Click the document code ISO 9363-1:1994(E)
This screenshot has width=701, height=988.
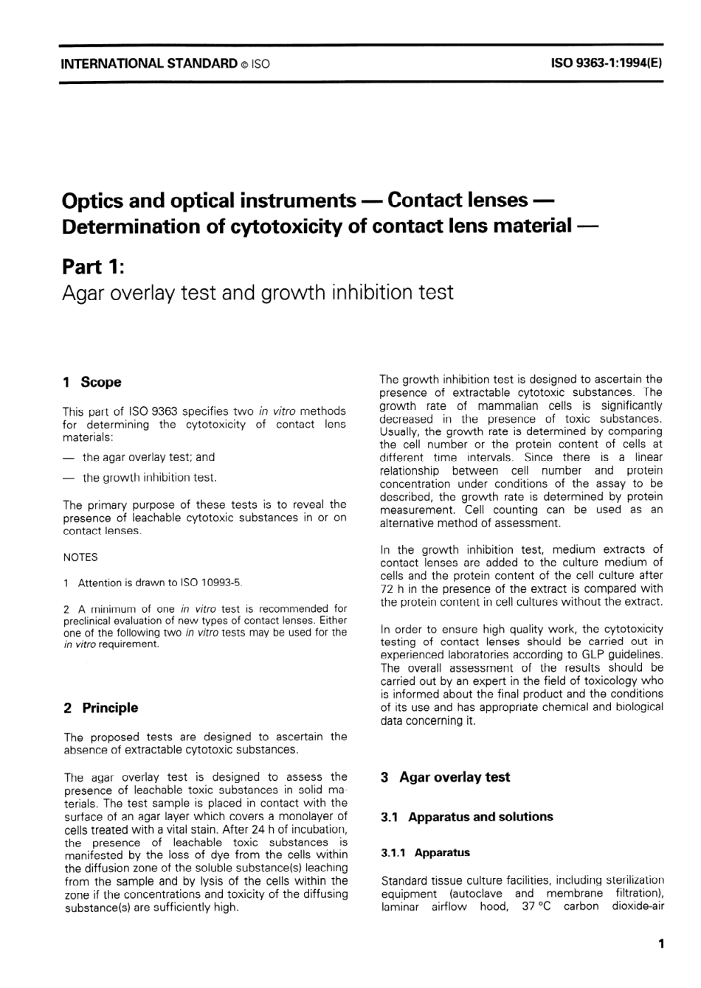click(607, 63)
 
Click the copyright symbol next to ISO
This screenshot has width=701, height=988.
click(244, 64)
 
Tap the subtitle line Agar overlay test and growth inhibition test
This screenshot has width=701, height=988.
click(258, 293)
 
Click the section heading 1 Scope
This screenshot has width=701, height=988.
click(92, 382)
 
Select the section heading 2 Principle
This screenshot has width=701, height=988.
click(100, 708)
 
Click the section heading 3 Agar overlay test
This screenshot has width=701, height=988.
click(445, 777)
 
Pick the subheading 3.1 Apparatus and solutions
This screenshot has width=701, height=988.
click(466, 817)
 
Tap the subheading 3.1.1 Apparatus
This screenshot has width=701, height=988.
click(425, 852)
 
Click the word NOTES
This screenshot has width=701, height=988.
click(80, 557)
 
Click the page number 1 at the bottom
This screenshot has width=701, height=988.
click(660, 943)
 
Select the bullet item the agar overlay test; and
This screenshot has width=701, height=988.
click(148, 457)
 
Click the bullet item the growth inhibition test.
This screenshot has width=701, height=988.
click(149, 478)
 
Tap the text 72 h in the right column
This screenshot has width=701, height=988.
click(392, 588)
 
